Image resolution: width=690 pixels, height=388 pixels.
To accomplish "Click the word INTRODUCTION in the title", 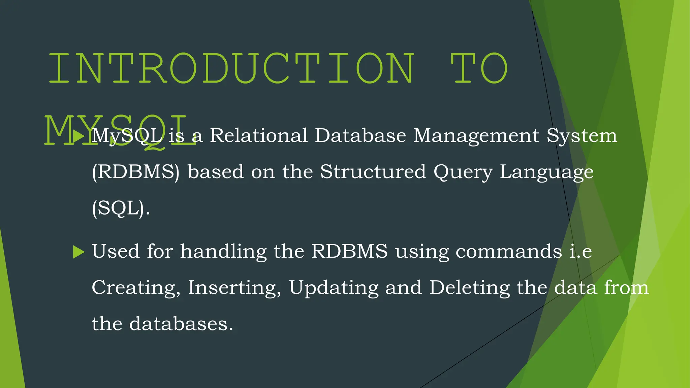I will (231, 68).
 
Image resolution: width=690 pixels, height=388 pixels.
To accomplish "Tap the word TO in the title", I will (479, 68).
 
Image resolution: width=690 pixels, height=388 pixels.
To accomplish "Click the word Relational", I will (259, 135).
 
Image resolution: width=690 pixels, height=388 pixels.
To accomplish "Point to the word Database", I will (360, 135).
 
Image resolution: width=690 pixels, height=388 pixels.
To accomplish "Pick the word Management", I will (476, 136).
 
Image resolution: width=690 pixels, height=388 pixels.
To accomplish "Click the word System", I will (582, 136).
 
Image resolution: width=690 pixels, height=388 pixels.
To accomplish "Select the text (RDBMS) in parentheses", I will (136, 172).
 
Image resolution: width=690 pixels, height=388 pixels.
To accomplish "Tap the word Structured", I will (373, 172).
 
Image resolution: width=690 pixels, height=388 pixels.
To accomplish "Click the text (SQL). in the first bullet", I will (121, 208).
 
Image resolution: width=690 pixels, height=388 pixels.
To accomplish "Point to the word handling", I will (223, 251).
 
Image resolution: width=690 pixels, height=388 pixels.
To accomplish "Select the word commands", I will (509, 252).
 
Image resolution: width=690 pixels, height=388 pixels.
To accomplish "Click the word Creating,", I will (136, 288).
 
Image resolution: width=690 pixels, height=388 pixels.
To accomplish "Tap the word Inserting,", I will (234, 288).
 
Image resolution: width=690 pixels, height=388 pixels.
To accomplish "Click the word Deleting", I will (470, 288).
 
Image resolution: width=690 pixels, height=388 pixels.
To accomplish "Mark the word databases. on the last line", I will (181, 324).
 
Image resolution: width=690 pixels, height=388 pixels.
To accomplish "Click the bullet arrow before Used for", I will (79, 252).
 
